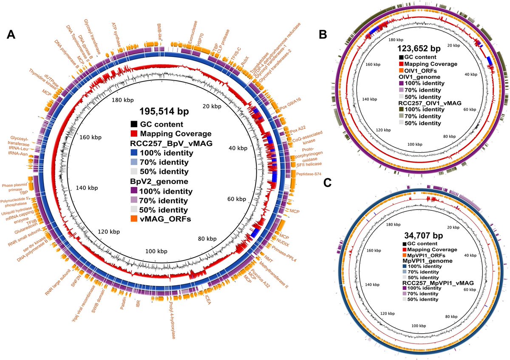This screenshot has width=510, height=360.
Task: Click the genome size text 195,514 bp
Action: pyautogui.click(x=164, y=112)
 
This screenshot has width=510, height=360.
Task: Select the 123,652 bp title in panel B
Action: pyautogui.click(x=419, y=48)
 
